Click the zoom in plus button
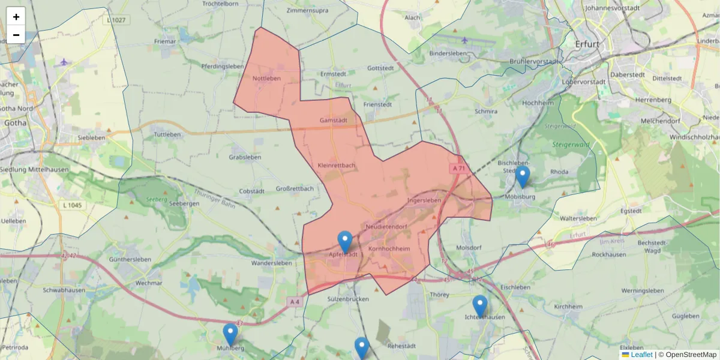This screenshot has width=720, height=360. point(16,17)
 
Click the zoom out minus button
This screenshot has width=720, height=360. point(16,35)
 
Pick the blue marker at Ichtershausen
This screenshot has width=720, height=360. point(480,307)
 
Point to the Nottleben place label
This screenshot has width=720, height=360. point(266,79)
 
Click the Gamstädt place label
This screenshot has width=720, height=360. point(334,120)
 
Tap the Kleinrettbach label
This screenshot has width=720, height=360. point(337,165)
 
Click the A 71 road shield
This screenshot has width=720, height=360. point(459,169)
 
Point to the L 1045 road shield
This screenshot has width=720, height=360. point(74,205)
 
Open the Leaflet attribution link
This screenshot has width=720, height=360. point(641,355)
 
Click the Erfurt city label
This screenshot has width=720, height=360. point(587,44)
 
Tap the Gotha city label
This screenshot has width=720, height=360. point(16,123)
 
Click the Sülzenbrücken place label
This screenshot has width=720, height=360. point(349,298)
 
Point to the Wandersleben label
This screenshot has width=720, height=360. point(271,263)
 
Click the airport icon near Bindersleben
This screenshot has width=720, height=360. point(464,40)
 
